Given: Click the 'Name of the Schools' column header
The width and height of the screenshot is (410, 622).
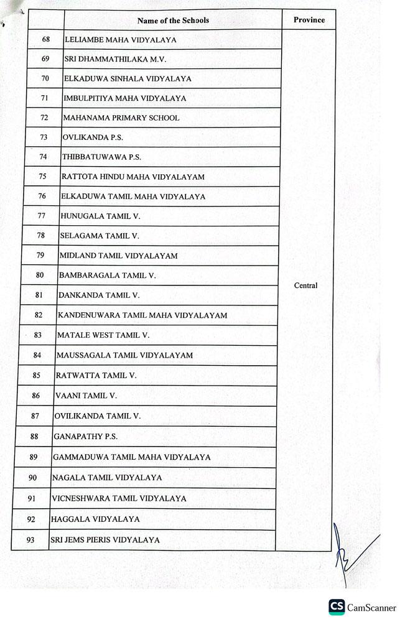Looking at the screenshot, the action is click(x=173, y=21).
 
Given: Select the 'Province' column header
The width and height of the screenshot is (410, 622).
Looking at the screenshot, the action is click(x=309, y=20).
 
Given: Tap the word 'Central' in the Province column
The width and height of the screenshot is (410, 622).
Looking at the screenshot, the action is click(x=305, y=285).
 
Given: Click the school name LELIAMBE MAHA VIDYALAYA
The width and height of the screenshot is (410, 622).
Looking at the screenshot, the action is click(x=121, y=40).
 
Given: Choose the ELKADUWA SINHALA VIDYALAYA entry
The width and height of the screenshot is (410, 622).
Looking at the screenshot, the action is click(x=128, y=79).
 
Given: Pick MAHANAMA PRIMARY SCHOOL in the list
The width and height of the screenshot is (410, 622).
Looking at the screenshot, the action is click(x=121, y=118).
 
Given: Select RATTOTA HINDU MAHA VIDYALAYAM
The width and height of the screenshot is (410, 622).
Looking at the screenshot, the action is click(x=133, y=177).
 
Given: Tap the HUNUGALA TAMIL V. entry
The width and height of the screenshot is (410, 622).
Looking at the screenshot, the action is click(x=100, y=216).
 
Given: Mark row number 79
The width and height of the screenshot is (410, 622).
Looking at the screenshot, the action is click(x=40, y=255).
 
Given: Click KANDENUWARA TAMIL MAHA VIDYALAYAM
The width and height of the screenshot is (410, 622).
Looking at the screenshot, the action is click(x=142, y=315).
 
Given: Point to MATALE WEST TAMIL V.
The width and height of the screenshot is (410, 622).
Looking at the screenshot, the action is click(x=103, y=335).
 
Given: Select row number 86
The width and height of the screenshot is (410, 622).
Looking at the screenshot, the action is click(x=36, y=396).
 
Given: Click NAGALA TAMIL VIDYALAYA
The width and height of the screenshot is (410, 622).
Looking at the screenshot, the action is click(x=107, y=478).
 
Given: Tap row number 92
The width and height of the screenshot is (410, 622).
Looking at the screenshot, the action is click(x=31, y=519).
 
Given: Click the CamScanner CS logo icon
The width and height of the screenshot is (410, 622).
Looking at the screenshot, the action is click(x=337, y=607).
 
